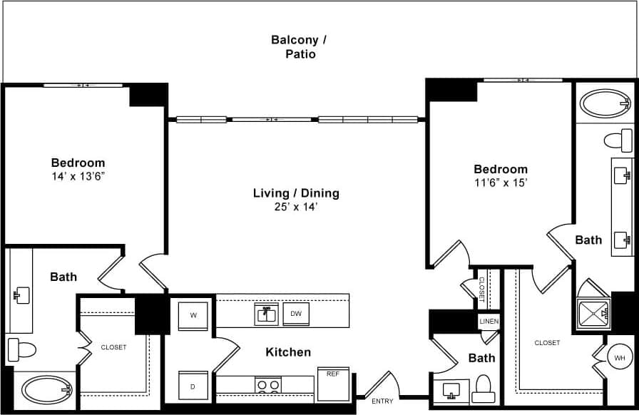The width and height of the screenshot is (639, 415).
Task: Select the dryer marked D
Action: tap(193, 386)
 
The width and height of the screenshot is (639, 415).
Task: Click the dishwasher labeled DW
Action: tap(295, 313)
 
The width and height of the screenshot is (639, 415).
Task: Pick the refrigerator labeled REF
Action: tap(333, 384)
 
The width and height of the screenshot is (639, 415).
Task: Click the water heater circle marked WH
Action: tap(618, 357)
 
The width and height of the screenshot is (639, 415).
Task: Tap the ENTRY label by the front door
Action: tap(382, 401)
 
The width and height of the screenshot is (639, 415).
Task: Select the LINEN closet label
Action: tap(489, 322)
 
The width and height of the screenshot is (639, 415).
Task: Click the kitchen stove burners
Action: tap(267, 386)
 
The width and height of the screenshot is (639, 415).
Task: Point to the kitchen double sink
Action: tap(267, 314)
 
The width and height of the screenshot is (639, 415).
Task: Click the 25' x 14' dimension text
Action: tap(296, 207)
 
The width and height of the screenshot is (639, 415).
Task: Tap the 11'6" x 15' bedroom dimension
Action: tap(501, 182)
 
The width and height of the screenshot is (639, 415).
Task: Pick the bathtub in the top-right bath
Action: tap(605, 103)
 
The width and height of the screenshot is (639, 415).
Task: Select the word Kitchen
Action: tap(288, 352)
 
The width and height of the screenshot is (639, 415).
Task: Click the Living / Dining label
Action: tap(296, 193)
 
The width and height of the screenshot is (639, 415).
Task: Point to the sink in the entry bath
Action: tap(451, 391)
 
